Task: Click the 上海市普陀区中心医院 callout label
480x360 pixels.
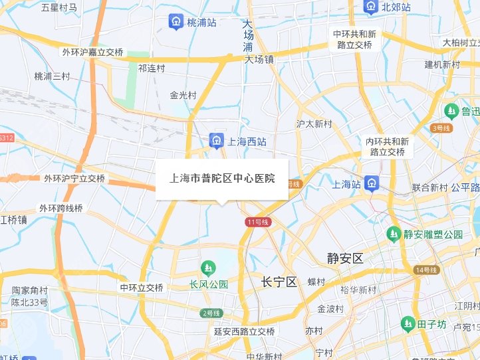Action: (222, 179)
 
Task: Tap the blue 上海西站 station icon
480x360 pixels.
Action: (216, 141)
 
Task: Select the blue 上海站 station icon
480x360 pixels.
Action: (370, 184)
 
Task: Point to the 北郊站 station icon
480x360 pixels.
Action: (370, 7)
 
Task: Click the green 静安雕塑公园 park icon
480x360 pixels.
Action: (393, 234)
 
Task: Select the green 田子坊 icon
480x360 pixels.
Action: (408, 324)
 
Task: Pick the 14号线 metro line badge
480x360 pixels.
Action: (426, 270)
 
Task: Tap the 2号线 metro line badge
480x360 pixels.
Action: (211, 313)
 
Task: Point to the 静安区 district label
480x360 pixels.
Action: (346, 258)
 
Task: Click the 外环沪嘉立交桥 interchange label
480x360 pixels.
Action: (93, 52)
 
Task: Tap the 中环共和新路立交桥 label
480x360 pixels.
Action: (354, 39)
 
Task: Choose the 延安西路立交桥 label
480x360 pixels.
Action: (244, 331)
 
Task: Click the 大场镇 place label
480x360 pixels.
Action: (259, 58)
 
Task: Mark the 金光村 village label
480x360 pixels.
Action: (183, 95)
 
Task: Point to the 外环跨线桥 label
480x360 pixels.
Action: (60, 208)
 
